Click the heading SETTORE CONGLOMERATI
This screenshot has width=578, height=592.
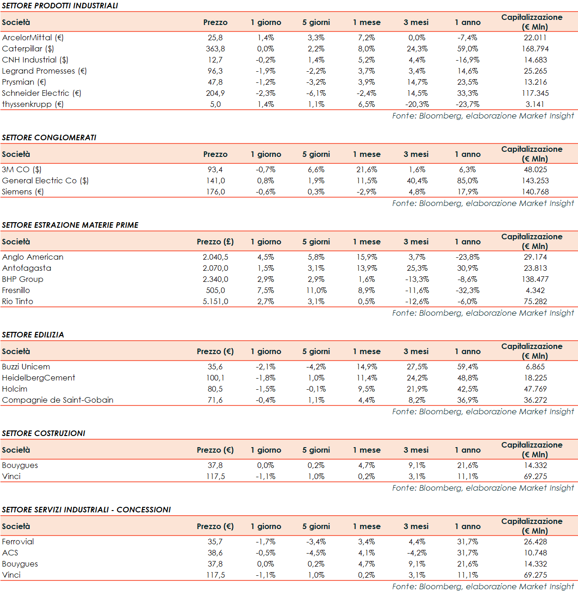coord(49,137)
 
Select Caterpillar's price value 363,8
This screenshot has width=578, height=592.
coord(215,49)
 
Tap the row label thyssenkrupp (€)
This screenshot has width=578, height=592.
coord(33,104)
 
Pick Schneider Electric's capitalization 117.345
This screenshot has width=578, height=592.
coord(535,93)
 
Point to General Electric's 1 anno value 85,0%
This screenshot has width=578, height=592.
coord(467,181)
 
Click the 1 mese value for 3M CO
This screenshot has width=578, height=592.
coord(367,169)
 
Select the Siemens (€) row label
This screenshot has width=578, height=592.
coord(23,192)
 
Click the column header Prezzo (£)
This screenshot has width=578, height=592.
coord(215,242)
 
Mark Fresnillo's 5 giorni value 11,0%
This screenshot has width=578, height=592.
coord(316,290)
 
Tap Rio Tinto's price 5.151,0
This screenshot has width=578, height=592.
coord(215,301)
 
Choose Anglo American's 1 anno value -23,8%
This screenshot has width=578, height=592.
coord(467,257)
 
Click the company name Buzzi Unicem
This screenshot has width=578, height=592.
coord(26,367)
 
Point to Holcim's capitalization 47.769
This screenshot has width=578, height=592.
coord(535,389)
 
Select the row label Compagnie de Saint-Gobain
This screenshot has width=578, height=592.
coord(58,400)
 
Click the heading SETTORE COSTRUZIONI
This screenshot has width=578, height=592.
coord(44,433)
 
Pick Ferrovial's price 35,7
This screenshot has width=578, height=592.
coord(215,542)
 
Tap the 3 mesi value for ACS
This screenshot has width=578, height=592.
coord(417,553)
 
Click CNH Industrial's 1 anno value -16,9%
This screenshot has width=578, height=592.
coord(467,60)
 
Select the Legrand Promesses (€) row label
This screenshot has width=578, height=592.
coord(44,71)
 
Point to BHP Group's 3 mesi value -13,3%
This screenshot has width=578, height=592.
coord(417,279)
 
